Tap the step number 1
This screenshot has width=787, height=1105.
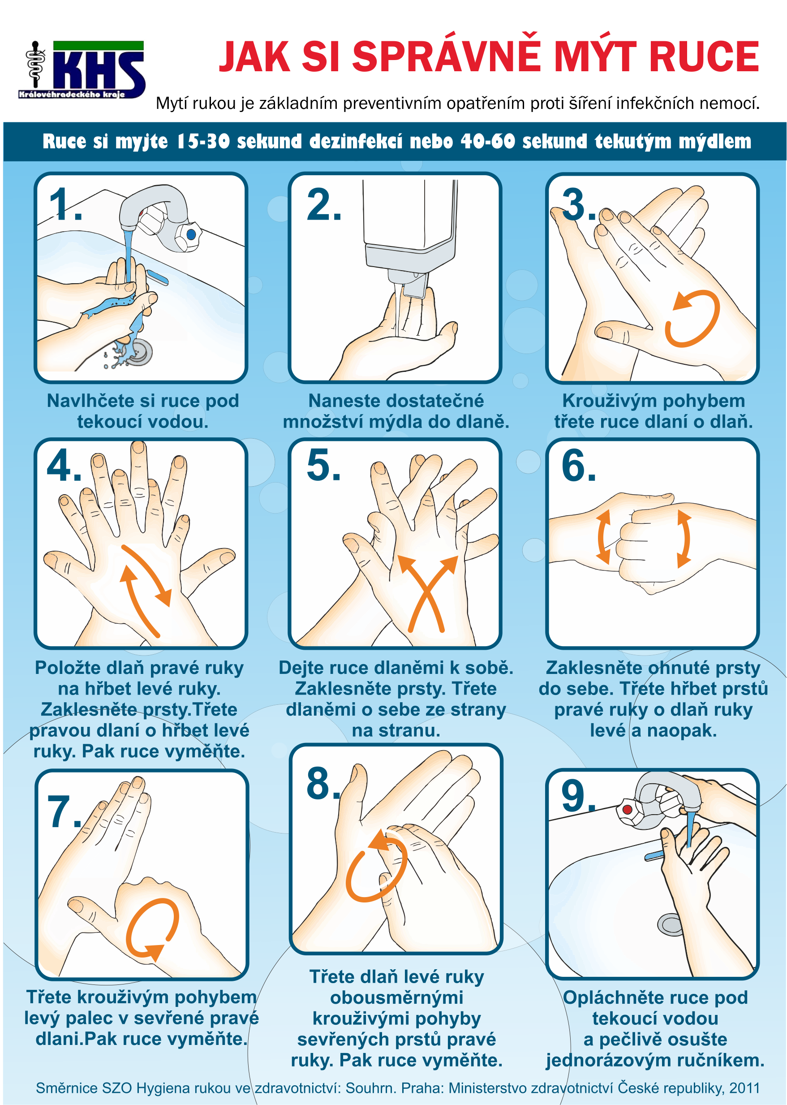tap(65, 204)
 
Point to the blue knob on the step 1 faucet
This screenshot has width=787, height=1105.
tap(191, 234)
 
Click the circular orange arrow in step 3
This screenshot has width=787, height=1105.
tap(692, 319)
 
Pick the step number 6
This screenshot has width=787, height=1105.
tap(579, 466)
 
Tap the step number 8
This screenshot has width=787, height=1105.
tap(323, 783)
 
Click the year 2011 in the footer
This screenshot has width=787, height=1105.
tap(744, 1088)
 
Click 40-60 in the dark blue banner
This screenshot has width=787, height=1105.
tap(487, 142)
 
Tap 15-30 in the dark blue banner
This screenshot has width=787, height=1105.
tap(202, 142)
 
